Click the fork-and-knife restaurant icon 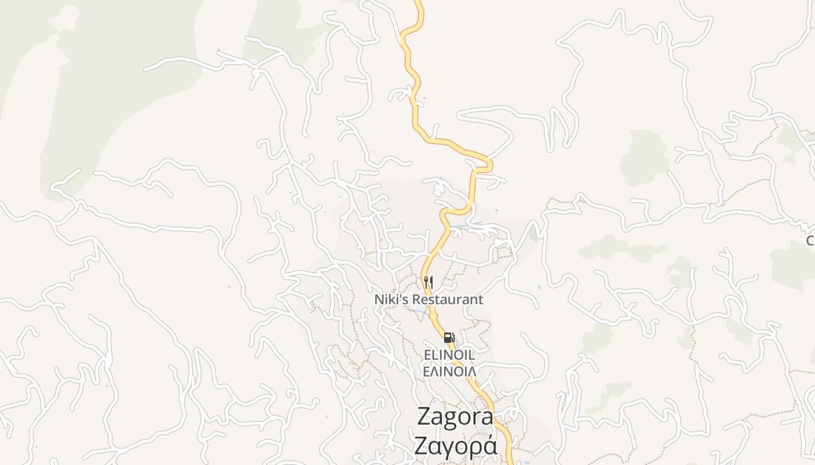pos(428,282)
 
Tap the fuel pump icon pos(448,338)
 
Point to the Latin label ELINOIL pos(449,355)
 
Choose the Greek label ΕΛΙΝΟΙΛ pos(449,371)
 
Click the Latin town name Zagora pos(455,417)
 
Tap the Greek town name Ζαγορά pos(455,445)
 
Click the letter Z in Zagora pos(425,417)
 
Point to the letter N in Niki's pos(379,300)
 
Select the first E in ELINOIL pos(427,355)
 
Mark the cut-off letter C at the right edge pos(810,241)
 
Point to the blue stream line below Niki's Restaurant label pos(416,310)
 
